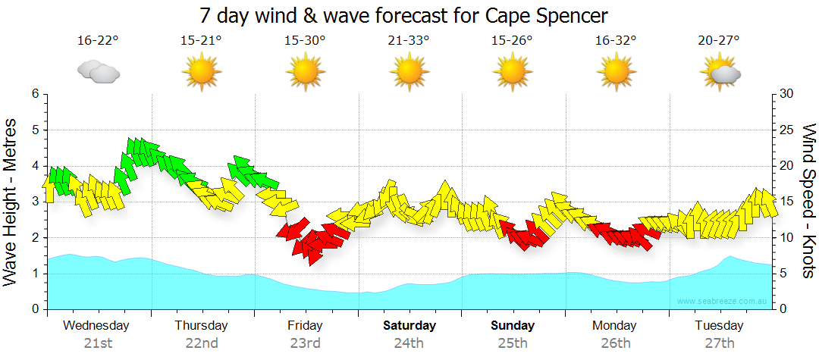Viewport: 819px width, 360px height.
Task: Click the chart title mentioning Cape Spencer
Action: point(404,15)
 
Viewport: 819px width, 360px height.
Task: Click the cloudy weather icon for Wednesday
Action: point(99,72)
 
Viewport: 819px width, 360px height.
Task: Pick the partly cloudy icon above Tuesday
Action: point(720,72)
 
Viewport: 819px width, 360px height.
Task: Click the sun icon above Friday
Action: point(305,72)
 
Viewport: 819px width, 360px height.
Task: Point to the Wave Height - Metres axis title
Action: point(11,201)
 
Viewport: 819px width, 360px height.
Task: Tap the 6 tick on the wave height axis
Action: point(34,94)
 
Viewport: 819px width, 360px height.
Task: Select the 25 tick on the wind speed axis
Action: point(787,130)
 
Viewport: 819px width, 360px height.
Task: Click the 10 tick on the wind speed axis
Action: point(787,237)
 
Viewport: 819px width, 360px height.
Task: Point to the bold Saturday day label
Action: point(409,326)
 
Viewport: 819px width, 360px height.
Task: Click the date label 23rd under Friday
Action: point(305,343)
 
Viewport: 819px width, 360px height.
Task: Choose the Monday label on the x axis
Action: point(615,326)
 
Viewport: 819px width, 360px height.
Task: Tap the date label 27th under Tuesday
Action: point(719,343)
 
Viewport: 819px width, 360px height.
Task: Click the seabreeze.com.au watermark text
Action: point(723,301)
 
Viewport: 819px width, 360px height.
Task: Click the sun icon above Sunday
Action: point(513,72)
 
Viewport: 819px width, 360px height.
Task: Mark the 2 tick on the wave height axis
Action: point(34,237)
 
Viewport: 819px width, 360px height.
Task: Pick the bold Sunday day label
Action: point(513,326)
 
